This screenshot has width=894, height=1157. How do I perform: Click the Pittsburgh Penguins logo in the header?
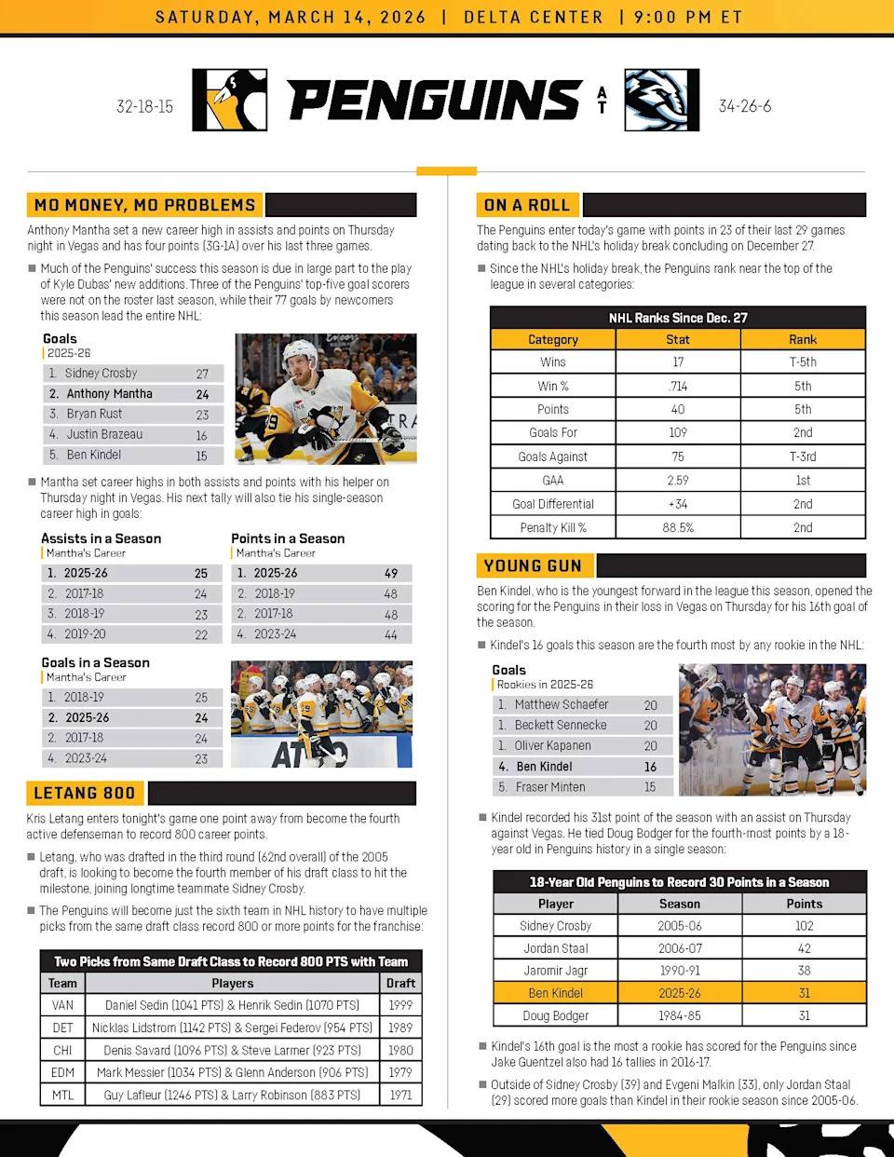tap(229, 100)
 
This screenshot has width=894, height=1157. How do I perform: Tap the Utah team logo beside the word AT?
tap(661, 100)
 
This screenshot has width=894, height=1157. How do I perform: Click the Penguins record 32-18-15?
tap(144, 106)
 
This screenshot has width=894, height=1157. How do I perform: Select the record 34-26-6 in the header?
tap(744, 106)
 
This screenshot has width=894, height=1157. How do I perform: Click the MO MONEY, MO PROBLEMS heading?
tap(144, 205)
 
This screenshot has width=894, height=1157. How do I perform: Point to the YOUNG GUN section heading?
tap(533, 565)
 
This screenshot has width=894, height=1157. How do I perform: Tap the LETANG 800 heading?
tap(84, 794)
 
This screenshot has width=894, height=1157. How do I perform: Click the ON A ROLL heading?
tap(526, 205)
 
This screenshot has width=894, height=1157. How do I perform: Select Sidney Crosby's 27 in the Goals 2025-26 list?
tap(202, 374)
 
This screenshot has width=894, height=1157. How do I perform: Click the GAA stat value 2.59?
tap(677, 481)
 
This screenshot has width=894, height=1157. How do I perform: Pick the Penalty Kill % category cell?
tap(552, 528)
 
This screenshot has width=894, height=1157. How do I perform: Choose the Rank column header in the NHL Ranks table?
tap(802, 340)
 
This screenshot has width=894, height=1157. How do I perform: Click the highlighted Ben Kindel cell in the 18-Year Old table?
tap(555, 993)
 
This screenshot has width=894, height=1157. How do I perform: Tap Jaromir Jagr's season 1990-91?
tap(680, 971)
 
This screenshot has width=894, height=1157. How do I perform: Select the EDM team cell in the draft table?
tap(62, 1073)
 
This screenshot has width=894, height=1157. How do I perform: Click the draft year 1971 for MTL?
tap(400, 1096)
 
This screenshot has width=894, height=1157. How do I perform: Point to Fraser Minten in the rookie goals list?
tap(550, 787)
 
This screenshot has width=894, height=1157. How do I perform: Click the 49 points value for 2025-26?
tap(390, 574)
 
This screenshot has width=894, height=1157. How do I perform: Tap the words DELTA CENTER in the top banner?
tap(534, 17)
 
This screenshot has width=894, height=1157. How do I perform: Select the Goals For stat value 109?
tap(677, 433)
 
